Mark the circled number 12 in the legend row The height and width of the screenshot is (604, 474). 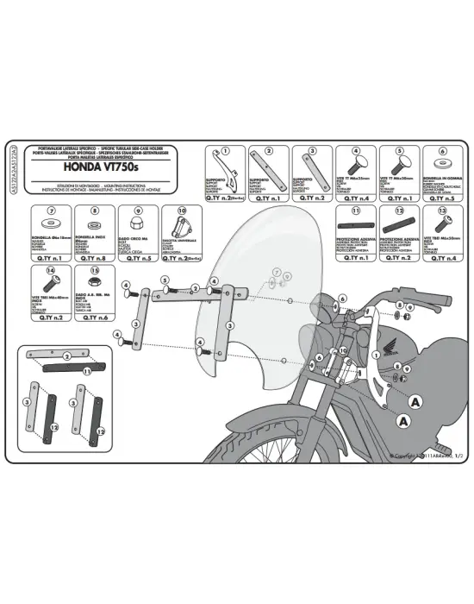click(x=399, y=210)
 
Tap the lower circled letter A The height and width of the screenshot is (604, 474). click(x=403, y=421)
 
